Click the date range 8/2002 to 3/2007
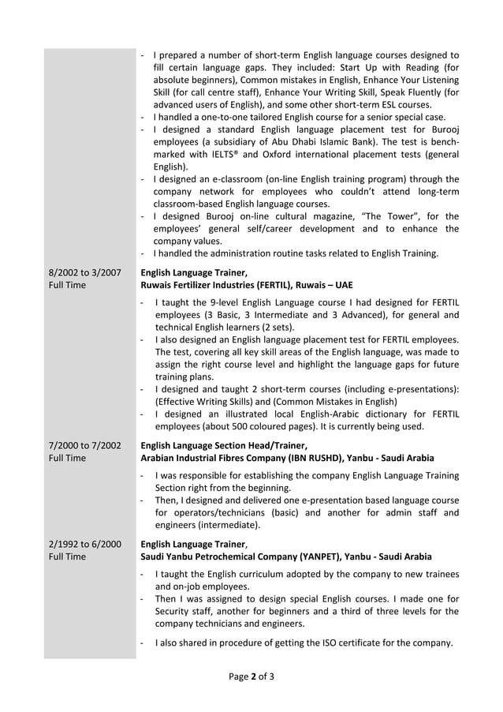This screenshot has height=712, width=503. [x=85, y=273]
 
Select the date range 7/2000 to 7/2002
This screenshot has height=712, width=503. [x=85, y=445]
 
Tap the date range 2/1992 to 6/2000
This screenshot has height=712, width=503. [x=85, y=544]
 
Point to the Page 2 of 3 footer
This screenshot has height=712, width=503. [x=251, y=676]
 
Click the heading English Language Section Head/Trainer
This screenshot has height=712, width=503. [x=223, y=445]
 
